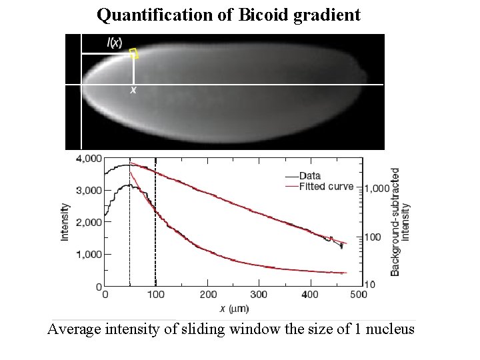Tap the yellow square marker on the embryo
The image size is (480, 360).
click(x=134, y=54)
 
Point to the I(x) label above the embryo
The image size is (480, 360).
click(x=115, y=43)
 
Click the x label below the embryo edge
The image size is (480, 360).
click(x=133, y=89)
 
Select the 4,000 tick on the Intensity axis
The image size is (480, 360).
click(x=89, y=159)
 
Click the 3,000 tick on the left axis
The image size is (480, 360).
click(x=89, y=191)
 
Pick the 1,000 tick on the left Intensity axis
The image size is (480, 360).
click(x=89, y=255)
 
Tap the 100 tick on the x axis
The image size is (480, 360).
click(x=156, y=294)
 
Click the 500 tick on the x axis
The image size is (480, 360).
click(x=359, y=294)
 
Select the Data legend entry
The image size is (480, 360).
click(x=311, y=176)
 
